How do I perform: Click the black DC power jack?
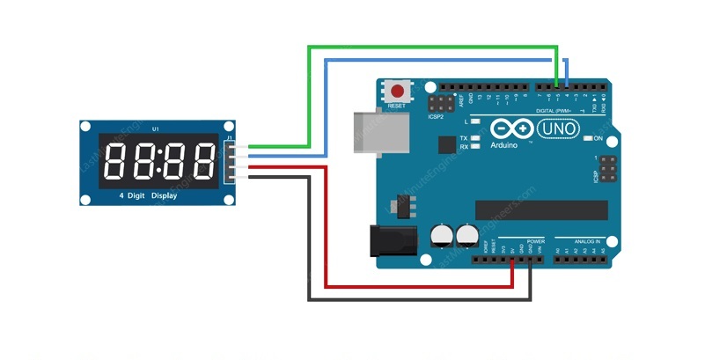tap(387, 240)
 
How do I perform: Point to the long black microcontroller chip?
tap(541, 209)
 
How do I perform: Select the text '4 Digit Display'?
tap(147, 195)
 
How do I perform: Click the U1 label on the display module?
tap(156, 129)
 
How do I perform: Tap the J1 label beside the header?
tap(229, 137)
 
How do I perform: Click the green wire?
tap(431, 46)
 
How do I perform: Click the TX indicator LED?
tap(475, 138)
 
